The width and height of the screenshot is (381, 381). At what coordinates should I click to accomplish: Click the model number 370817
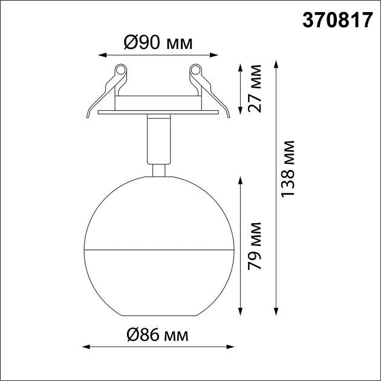coord(337,21)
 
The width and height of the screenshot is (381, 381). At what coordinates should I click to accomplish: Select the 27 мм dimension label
coord(255,88)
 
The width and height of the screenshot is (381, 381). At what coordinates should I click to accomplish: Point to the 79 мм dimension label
coord(255,247)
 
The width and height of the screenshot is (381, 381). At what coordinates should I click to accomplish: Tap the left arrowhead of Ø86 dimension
coord(85,347)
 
